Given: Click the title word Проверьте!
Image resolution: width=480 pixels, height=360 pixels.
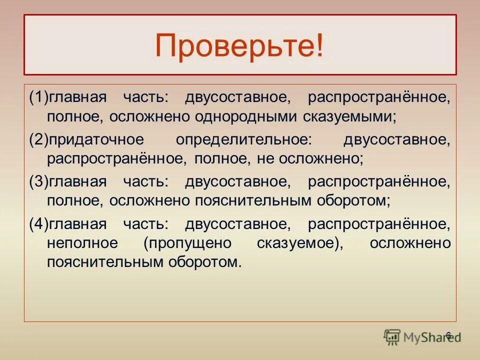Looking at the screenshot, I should click(239, 46).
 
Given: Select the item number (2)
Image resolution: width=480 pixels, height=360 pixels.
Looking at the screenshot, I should click(37, 140).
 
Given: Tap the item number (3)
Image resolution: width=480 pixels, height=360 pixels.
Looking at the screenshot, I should click(37, 182).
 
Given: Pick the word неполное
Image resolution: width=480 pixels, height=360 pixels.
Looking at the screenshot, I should click(82, 243).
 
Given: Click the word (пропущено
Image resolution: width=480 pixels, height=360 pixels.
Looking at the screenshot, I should click(187, 243).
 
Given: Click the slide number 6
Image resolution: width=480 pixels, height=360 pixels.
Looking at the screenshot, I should click(448, 335).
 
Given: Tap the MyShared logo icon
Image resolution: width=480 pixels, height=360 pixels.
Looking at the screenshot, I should click(392, 337).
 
